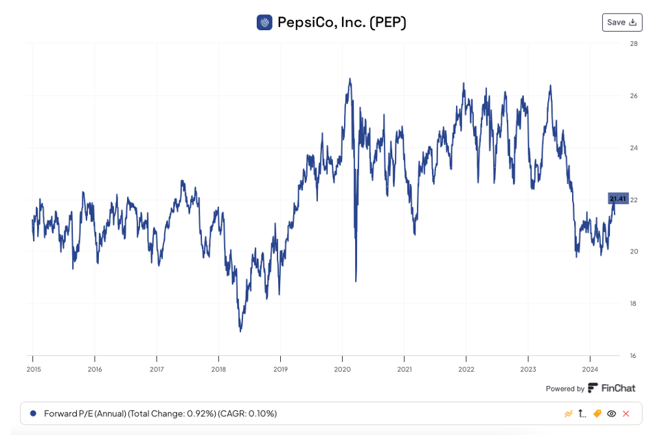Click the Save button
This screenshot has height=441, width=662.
pos(621,22)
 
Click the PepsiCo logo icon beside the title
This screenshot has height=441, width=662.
pos(264,23)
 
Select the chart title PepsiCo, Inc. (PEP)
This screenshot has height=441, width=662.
pos(341,23)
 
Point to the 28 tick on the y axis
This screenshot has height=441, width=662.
pos(634,43)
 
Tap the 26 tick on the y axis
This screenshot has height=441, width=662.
pos(634,95)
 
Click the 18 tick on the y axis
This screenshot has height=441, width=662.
pos(634,304)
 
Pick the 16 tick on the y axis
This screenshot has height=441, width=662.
pos(634,356)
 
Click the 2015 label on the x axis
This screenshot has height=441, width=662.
pos(33,369)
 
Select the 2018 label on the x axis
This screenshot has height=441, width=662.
pos(218,369)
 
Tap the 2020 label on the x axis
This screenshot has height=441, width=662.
pos(342,369)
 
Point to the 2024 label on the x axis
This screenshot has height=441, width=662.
pos(590,369)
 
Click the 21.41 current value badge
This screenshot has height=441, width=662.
pos(618,199)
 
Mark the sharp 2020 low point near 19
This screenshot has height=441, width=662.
pos(356,280)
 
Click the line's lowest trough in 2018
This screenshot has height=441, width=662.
pos(240,331)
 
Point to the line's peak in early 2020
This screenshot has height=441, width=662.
pos(350,79)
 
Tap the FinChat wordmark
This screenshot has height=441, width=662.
pos(618,388)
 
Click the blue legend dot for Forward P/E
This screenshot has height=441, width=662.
pos(33,414)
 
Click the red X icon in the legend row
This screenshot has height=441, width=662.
pos(626,414)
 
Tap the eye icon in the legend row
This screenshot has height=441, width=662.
pos(611,414)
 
